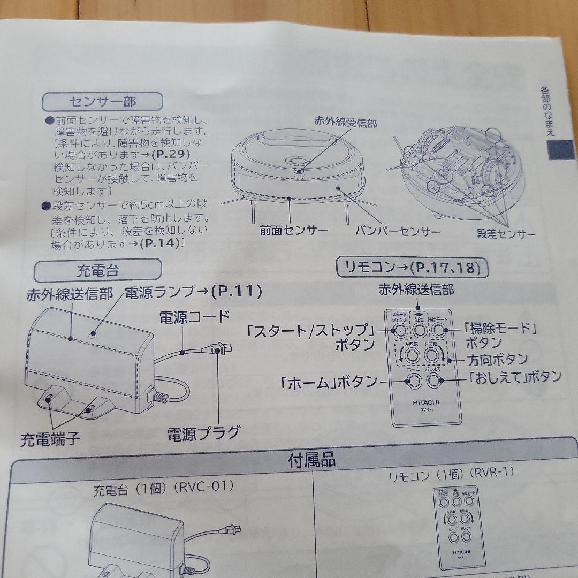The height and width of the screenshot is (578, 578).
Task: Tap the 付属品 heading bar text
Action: (312, 459)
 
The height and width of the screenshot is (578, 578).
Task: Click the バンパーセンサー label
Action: (398, 231)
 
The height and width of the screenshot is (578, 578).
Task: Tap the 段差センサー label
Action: (506, 233)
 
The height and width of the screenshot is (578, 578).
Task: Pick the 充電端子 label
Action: (50, 440)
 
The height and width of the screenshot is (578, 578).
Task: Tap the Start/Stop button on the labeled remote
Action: (399, 330)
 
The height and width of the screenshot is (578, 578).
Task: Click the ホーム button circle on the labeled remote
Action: (414, 381)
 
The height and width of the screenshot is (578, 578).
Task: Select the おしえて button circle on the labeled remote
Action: (433, 381)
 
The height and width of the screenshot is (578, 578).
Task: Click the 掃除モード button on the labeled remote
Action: (439, 330)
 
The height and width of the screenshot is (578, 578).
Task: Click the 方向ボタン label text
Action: (497, 359)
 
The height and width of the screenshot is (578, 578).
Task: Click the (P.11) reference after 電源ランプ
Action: (236, 292)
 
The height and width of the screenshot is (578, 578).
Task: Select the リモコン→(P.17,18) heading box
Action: (412, 267)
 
